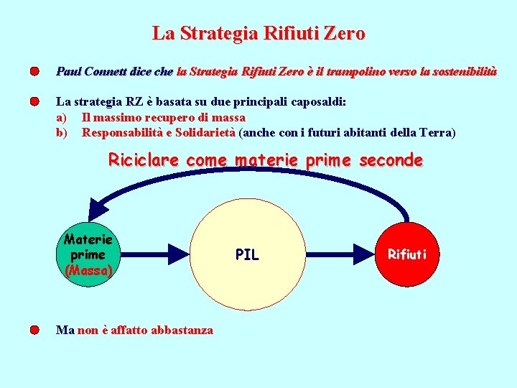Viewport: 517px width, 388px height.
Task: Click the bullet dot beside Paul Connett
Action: click(34, 72)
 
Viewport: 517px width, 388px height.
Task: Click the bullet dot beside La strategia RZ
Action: click(34, 102)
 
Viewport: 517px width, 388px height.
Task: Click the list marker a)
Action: click(62, 117)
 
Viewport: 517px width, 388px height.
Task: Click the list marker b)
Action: click(62, 132)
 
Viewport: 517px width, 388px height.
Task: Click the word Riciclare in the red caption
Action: click(144, 160)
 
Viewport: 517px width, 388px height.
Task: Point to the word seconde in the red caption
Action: click(391, 160)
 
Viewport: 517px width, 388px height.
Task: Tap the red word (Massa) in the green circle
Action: click(88, 271)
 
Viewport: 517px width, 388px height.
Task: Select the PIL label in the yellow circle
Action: click(247, 254)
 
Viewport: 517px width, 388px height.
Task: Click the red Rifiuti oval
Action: click(407, 253)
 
